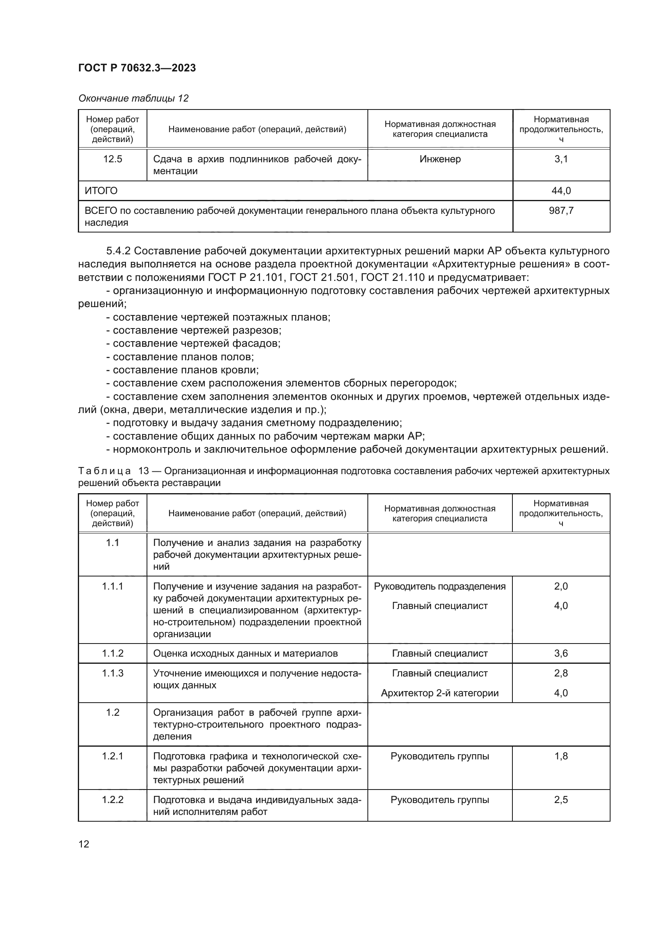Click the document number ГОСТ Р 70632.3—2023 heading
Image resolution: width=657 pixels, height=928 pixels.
137,68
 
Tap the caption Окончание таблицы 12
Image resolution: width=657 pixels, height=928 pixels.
133,98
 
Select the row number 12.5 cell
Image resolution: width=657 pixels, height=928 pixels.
112,159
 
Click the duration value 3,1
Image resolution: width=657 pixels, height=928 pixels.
561,159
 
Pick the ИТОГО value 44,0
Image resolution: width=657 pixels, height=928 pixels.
561,191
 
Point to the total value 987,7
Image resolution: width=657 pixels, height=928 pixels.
561,211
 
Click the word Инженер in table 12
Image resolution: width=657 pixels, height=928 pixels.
440,159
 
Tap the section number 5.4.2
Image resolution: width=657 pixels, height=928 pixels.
118,251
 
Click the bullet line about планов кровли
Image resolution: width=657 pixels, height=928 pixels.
182,370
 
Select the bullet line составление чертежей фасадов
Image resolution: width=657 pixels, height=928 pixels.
193,343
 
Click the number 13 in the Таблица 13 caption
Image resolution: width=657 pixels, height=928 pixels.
144,471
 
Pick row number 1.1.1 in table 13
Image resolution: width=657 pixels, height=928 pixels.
112,586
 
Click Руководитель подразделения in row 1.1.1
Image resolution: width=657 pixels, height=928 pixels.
440,586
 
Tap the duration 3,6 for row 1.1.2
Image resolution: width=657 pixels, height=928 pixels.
561,653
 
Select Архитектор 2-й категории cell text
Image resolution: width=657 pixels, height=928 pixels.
440,693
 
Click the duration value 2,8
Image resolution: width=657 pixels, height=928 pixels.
561,673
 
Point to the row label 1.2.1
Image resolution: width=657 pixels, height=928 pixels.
112,756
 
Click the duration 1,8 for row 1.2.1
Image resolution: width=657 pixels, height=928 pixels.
561,756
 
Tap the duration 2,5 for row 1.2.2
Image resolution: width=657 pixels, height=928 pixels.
561,800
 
